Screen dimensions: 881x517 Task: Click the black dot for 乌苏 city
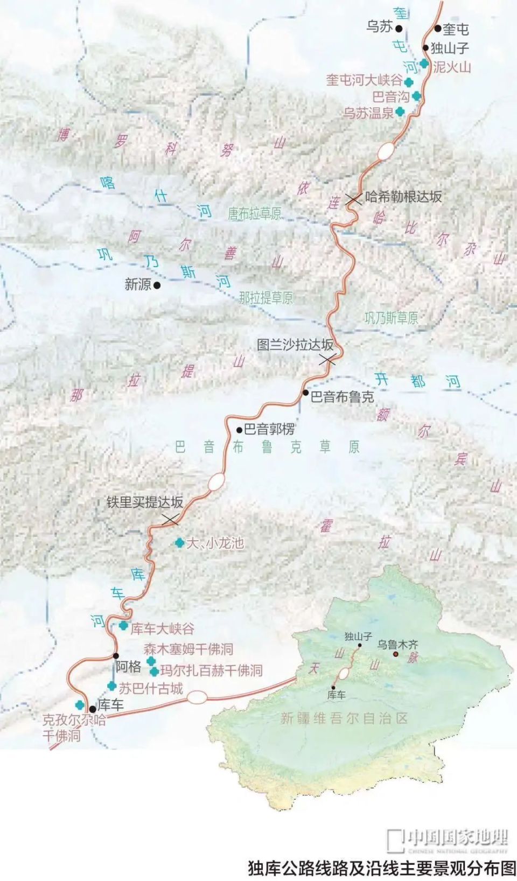coord(399,29)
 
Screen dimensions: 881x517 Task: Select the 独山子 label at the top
coord(450,48)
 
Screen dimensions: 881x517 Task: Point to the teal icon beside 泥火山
coord(424,64)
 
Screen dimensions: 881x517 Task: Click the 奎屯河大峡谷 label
coord(364,81)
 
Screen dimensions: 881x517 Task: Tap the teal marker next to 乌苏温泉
coord(400,112)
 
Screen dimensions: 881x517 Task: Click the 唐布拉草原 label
coord(254,214)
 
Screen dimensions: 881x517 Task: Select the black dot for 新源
coord(157,285)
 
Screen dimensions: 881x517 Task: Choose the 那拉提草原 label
coord(266,298)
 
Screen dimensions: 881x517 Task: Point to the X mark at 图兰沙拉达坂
coord(327,360)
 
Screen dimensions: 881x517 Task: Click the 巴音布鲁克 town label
coord(342,397)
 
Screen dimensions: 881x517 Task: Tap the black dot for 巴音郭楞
coord(240,430)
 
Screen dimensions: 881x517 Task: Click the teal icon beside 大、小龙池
coord(179,543)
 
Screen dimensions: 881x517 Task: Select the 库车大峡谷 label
coord(162,628)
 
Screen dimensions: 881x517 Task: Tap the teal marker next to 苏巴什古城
coord(111,686)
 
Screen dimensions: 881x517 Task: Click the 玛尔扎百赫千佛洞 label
coord(211,670)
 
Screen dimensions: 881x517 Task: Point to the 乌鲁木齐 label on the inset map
coord(397,644)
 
